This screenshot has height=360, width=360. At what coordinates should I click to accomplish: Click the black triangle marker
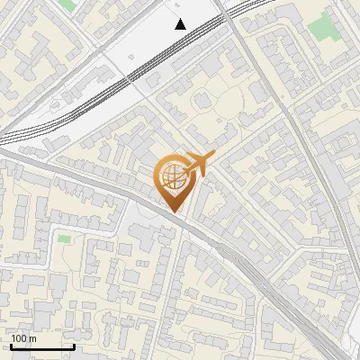pos(181,24)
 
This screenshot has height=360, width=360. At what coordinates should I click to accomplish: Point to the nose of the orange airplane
pos(214,157)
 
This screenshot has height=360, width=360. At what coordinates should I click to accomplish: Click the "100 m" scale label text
pos(24,338)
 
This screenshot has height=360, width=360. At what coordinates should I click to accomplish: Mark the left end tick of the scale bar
pos(11,346)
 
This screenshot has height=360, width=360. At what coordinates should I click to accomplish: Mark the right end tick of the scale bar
pos(74,346)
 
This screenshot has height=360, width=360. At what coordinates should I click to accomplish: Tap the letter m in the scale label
pos(32,338)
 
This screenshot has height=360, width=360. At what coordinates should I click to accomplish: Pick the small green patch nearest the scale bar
pos(64,238)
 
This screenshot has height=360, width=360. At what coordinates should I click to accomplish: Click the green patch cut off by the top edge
pos(67,4)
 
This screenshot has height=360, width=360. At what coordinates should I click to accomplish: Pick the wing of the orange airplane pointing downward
pos(194,173)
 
